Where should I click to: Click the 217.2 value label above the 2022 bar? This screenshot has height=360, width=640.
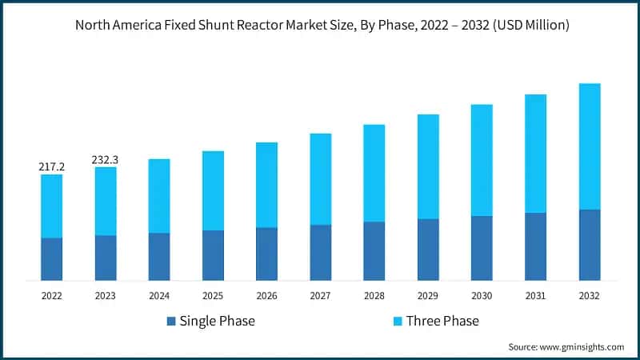point(51,167)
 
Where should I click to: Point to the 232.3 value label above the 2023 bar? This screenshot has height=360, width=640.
point(105,160)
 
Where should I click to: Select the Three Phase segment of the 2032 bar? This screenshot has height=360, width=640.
point(590,146)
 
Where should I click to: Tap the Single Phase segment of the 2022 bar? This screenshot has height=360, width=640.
point(51,259)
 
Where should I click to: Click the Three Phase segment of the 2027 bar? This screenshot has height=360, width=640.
point(321,179)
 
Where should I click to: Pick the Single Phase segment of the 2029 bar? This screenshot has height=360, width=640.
point(428,250)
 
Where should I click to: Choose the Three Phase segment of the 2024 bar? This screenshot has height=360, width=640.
point(159,196)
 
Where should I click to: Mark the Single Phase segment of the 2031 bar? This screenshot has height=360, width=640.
point(536,246)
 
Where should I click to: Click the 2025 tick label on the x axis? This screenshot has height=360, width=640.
point(213,295)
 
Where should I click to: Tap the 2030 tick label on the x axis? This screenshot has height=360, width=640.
point(482,295)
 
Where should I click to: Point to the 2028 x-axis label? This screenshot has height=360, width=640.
point(374,295)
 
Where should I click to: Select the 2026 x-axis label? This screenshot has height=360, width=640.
point(266,295)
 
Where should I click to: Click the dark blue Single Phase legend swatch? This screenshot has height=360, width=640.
point(170,322)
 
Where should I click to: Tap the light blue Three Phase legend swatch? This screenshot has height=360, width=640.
point(398,322)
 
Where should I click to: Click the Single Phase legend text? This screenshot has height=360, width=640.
point(217,322)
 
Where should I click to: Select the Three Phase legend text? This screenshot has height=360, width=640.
point(442,322)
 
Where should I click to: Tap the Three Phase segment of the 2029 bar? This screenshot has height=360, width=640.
point(428,166)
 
